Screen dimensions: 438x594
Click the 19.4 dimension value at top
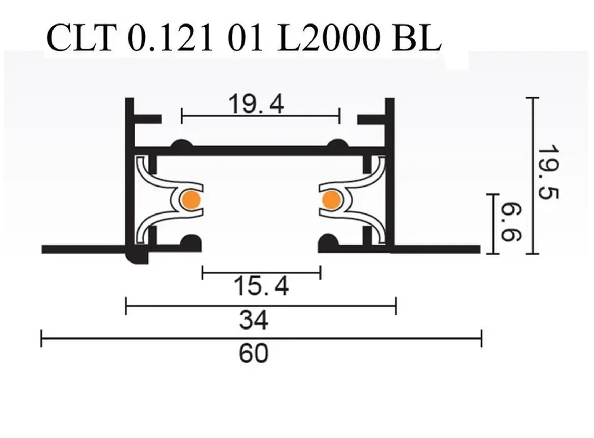pos(256,104)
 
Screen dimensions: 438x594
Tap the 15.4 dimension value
pos(261,286)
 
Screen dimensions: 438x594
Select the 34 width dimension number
pos(253,320)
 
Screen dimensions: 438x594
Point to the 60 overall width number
pos(253,353)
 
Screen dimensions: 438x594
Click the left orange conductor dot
pos(191,200)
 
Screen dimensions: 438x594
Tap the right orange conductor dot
pos(332,200)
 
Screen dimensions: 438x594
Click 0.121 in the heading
pos(170,38)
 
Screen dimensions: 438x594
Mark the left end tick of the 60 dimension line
pos(41,338)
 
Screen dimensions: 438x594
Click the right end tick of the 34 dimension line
pos(396,306)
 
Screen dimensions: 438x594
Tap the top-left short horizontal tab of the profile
pos(148,120)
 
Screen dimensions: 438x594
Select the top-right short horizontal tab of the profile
pos(371,120)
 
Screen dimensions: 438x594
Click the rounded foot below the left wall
pos(137,257)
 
